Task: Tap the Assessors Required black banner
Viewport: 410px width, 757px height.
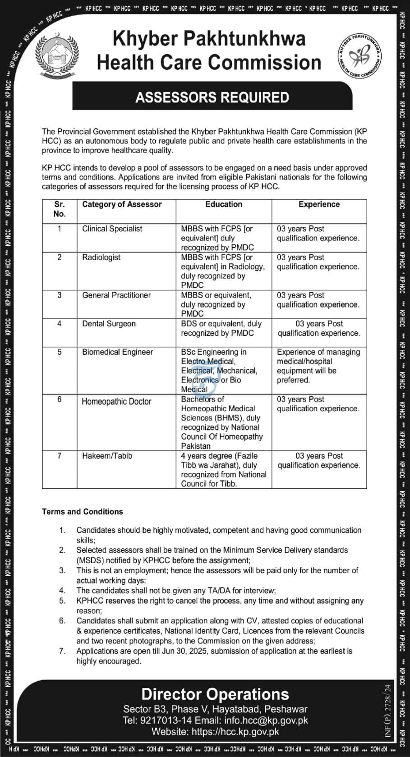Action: coord(212,97)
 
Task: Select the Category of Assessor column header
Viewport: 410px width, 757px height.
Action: coord(122,204)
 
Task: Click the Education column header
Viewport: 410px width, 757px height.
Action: coord(224,204)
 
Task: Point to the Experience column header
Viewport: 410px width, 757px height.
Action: coord(319,204)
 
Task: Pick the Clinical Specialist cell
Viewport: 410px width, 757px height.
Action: coord(112,229)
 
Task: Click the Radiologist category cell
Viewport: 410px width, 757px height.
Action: coord(101,257)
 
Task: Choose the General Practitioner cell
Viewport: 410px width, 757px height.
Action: coord(116,295)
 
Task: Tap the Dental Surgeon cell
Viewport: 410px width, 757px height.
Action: coord(109,323)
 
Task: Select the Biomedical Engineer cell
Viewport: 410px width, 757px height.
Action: coord(117,352)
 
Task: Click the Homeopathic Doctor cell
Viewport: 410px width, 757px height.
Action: coord(116,401)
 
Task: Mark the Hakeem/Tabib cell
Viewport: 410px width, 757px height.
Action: coord(107,456)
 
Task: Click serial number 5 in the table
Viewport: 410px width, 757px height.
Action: coord(59,352)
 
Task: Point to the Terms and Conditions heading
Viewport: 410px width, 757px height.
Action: coord(82,512)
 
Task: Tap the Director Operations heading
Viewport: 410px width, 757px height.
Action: coord(215,694)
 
